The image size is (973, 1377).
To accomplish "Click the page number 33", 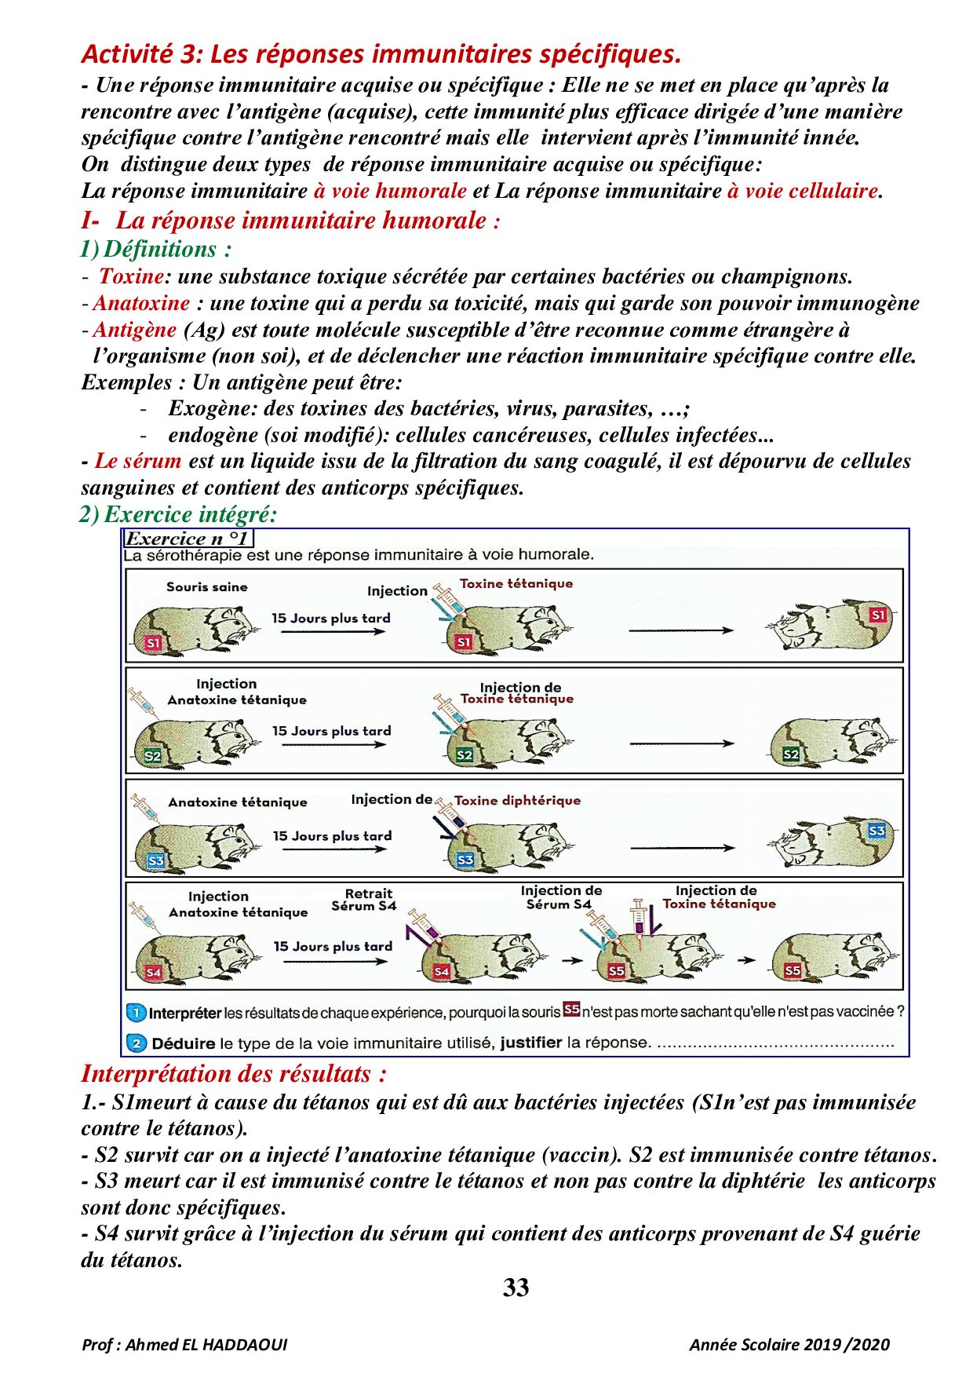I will tap(516, 1288).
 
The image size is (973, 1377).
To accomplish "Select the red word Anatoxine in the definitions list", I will tap(142, 303).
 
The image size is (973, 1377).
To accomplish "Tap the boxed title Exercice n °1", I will tap(188, 539).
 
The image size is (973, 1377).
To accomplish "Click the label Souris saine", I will tap(206, 586).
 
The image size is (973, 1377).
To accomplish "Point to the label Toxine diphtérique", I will tap(517, 801).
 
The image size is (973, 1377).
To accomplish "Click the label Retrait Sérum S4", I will tap(365, 900).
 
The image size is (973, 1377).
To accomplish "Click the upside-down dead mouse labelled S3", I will tap(832, 842).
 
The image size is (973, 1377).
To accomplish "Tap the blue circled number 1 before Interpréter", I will tap(136, 1013).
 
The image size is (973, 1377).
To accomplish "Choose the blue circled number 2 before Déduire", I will tap(137, 1043).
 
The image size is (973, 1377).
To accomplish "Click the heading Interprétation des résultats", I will tap(234, 1074).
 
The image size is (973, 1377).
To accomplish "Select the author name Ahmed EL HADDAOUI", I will tap(206, 1345).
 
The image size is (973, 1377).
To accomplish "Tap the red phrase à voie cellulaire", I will tap(802, 191).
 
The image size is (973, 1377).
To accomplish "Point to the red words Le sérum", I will tap(138, 461).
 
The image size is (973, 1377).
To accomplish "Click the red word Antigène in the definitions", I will tap(135, 330).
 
